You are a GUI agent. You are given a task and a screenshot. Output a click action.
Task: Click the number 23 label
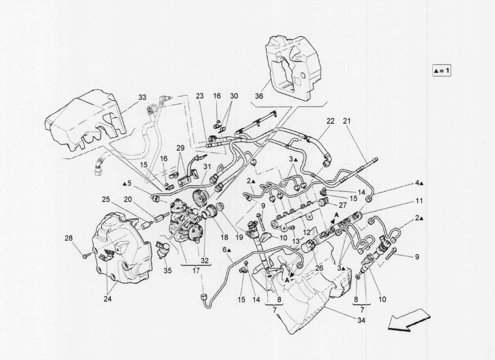point(200,96)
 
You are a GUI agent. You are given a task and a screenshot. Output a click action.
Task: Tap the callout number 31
point(207,166)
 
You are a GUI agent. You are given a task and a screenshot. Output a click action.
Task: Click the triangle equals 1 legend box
point(441,71)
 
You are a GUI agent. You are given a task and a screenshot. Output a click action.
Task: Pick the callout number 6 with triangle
point(226,249)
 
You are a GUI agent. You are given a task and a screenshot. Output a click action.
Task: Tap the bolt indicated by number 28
point(86,256)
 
